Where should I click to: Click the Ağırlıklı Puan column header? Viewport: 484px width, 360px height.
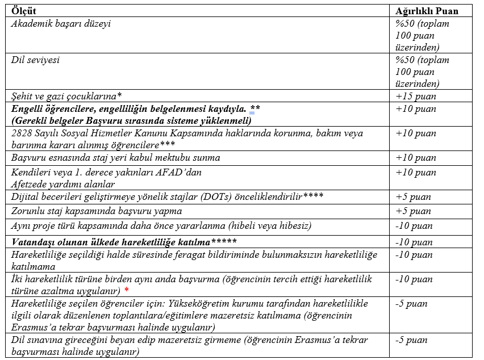click(427, 10)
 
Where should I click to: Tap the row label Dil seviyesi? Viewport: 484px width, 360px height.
click(36, 60)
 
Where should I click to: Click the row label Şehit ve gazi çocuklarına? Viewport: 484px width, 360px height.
click(66, 96)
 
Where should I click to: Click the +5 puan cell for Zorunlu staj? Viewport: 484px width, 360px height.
click(414, 211)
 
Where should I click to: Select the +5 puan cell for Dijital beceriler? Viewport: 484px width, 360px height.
click(414, 197)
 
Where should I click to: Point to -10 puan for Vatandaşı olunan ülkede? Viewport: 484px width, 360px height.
click(414, 242)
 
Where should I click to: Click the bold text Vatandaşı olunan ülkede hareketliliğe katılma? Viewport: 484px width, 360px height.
click(111, 242)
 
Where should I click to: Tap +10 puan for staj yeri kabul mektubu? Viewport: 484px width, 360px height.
click(416, 157)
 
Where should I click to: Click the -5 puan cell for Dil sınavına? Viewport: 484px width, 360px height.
click(412, 340)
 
